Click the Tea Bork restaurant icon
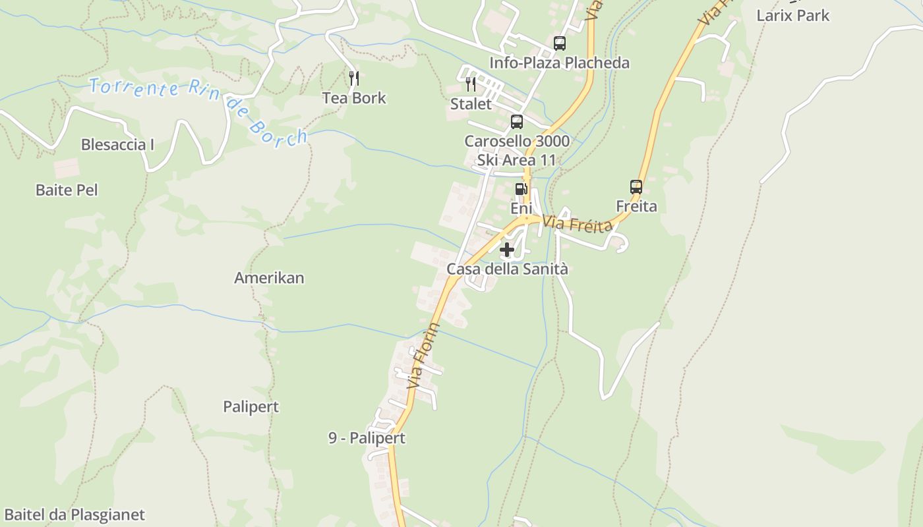(x=354, y=78)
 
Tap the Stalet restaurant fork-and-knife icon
(x=471, y=84)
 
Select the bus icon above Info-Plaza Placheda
(x=559, y=43)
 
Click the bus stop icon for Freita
(x=636, y=187)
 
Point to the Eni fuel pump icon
(x=521, y=189)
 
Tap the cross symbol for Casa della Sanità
(x=507, y=250)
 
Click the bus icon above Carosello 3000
(x=517, y=122)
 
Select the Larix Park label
(x=792, y=15)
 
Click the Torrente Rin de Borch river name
(x=198, y=109)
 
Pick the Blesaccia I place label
(x=117, y=144)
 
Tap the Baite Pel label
(x=67, y=190)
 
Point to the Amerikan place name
(x=269, y=277)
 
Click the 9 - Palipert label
(x=367, y=438)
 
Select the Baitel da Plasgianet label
(x=74, y=514)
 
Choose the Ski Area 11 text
(x=516, y=160)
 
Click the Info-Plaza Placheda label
(x=559, y=63)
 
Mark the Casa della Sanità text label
(x=507, y=269)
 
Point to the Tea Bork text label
(x=354, y=98)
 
